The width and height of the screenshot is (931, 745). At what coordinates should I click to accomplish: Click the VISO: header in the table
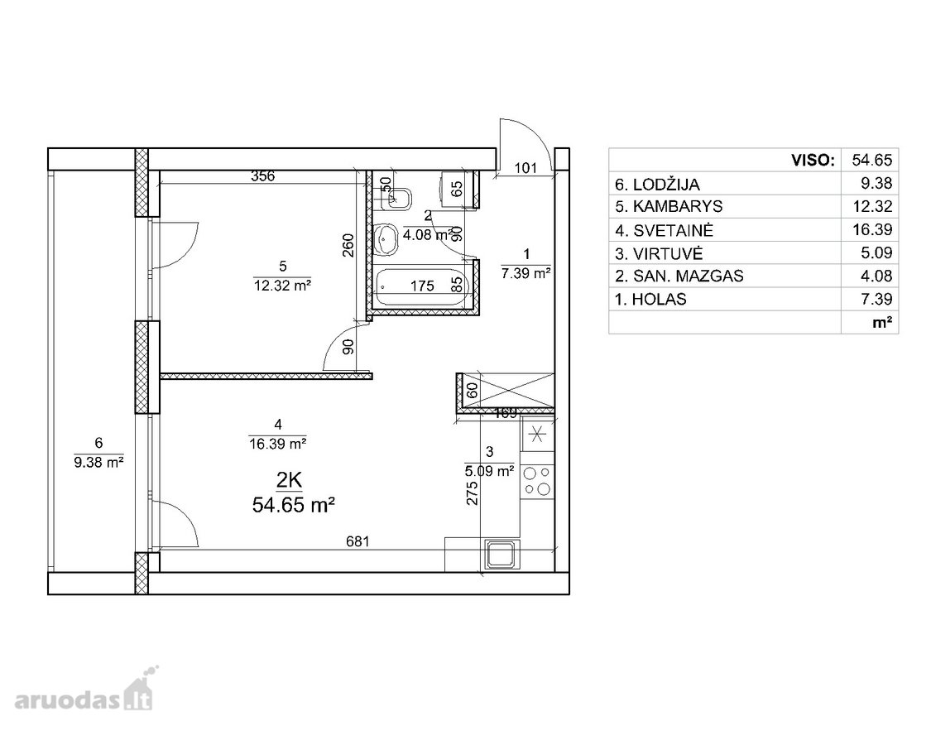point(813,160)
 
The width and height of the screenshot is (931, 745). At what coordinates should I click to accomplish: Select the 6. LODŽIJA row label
point(657,184)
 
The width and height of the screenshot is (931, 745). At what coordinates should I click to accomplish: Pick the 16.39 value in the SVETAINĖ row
point(872,229)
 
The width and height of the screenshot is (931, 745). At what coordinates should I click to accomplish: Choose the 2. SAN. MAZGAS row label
point(679,276)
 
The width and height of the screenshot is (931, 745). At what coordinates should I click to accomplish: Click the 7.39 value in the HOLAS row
point(876,299)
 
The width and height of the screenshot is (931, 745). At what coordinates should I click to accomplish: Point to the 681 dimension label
point(358,541)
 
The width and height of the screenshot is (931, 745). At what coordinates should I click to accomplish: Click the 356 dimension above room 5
point(262,175)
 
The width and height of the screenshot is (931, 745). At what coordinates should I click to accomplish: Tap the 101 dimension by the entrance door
point(525,167)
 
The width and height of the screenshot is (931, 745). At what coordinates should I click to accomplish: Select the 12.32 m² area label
point(283,286)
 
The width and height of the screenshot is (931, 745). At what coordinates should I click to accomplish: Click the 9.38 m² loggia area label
point(98,462)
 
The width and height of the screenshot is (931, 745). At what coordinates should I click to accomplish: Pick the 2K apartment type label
point(289,480)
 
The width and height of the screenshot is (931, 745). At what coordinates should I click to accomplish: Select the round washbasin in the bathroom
point(387,239)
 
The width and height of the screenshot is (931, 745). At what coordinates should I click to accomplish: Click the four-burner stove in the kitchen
point(537,481)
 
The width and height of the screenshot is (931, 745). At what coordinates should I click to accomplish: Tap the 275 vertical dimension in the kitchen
point(472,493)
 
